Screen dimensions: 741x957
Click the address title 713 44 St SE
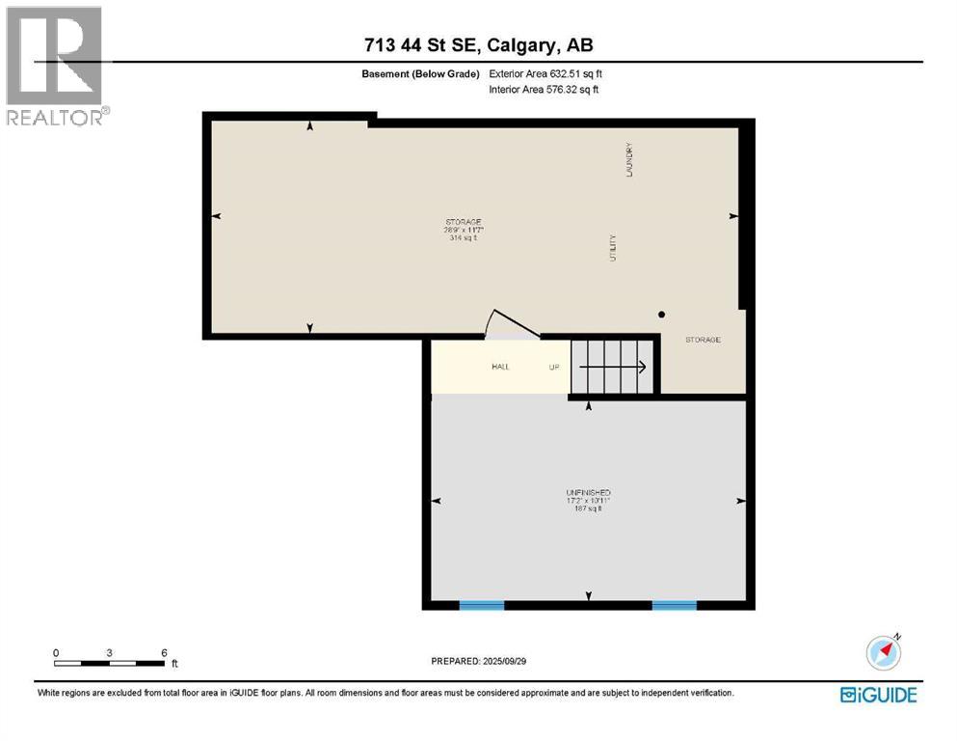click(478, 45)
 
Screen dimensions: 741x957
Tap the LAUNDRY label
click(628, 159)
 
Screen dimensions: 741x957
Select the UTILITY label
click(612, 249)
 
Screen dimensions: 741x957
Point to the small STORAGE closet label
click(703, 340)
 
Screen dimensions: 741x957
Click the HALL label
click(500, 367)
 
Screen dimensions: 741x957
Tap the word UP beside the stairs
click(554, 367)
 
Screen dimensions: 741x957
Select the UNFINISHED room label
click(588, 500)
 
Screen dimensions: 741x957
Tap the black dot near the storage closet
click(662, 315)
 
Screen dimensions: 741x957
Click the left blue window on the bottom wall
click(481, 605)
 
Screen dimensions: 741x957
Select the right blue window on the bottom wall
click(674, 605)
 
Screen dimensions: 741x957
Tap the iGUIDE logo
click(878, 695)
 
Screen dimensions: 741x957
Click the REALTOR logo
click(55, 66)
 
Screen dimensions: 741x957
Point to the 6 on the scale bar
click(165, 652)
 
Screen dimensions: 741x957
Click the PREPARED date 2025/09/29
click(479, 661)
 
